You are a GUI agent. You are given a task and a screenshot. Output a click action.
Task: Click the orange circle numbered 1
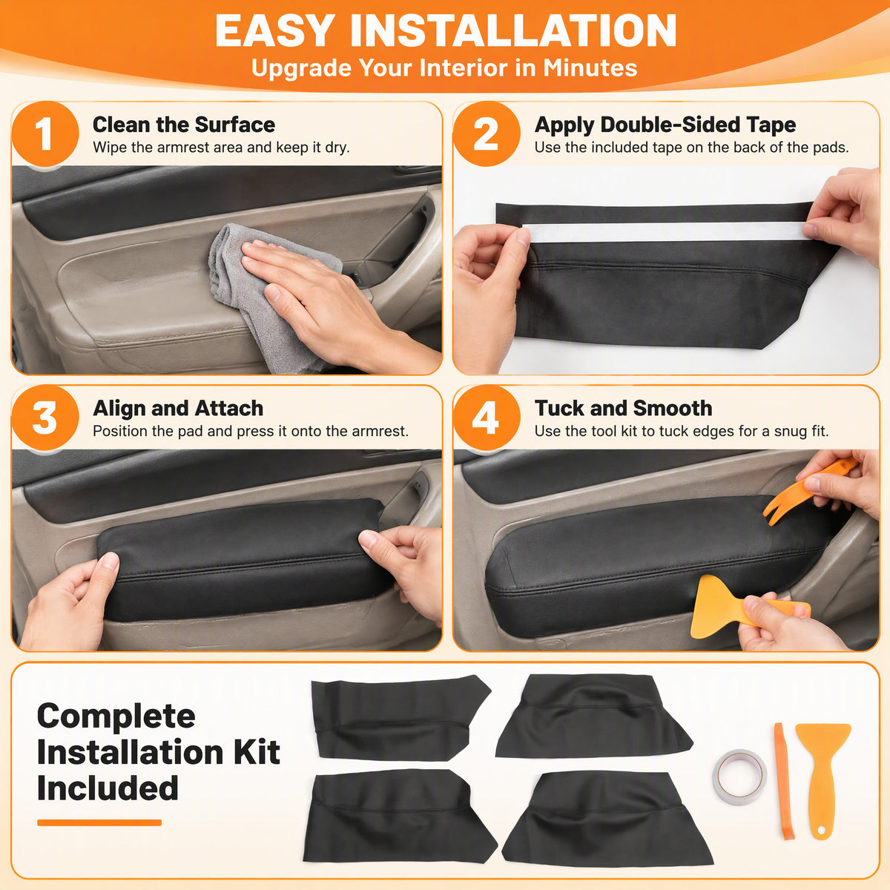coord(44,134)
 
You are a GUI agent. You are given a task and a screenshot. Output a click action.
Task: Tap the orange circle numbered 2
coord(487,134)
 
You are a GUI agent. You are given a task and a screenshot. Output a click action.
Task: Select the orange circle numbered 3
coord(44,418)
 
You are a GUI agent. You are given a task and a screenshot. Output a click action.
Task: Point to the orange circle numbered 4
coord(487,418)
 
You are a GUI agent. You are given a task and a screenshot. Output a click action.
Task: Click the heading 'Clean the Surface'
coord(184,125)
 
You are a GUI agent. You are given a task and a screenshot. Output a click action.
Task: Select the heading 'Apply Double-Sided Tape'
coord(665,125)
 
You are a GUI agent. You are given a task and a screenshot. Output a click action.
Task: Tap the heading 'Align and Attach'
coord(178,408)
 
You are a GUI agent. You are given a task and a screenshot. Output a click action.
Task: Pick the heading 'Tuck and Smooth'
coord(624,408)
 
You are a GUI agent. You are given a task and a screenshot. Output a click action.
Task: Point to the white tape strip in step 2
coord(665,232)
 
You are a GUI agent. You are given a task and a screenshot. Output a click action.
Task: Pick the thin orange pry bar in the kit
coord(784,780)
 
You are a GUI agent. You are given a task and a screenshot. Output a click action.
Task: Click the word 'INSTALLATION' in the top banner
coord(513,31)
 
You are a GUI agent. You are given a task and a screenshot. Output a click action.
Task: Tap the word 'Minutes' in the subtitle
coord(590,68)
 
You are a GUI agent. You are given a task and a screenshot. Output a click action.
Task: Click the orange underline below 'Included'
coord(99,823)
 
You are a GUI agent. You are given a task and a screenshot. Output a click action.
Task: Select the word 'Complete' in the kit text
coord(116,717)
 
